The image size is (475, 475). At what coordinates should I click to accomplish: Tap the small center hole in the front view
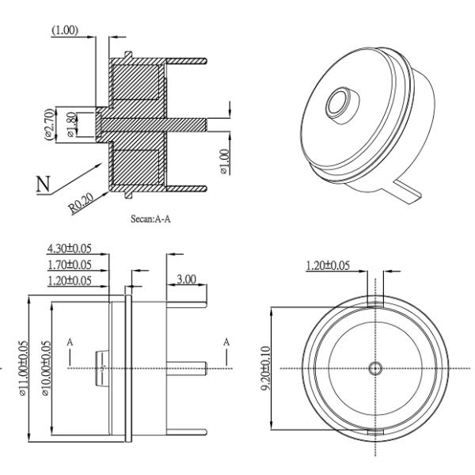tap(375, 368)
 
